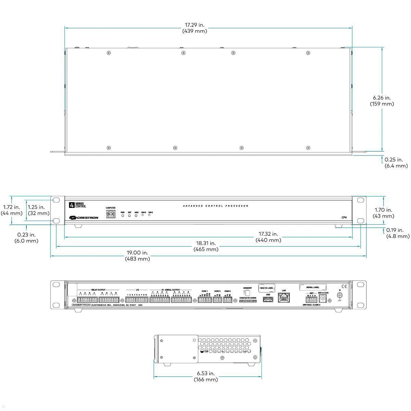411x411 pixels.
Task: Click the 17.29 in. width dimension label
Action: pos(195,28)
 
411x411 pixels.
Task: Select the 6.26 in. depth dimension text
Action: pos(382,100)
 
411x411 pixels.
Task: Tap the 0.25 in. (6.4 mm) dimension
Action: pos(396,163)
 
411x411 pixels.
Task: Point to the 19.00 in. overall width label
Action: pos(137,256)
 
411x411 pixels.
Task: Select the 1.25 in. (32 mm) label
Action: pos(36,210)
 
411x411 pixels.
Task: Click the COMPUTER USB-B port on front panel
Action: pos(111,214)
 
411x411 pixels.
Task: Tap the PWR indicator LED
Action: pos(123,216)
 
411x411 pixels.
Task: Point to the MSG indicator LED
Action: pos(136,216)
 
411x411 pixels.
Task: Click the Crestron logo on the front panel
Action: pos(83,217)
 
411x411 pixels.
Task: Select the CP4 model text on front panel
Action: pos(344,217)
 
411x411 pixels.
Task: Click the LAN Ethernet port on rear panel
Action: pos(284,298)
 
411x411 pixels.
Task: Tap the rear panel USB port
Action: pos(268,300)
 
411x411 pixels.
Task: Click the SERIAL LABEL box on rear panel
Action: pos(313,288)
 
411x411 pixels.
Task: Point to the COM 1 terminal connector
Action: pos(204,300)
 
